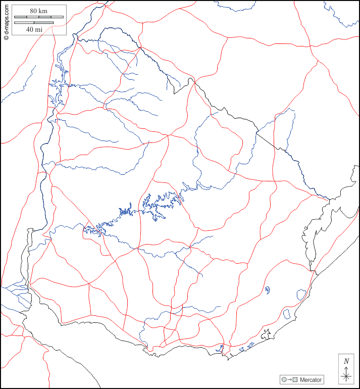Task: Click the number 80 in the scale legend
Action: pyautogui.click(x=34, y=11)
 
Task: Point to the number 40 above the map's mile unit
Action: pyautogui.click(x=30, y=29)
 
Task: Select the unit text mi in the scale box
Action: pyautogui.click(x=39, y=29)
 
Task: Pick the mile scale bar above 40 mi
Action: pyautogui.click(x=34, y=22)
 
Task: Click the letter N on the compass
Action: pyautogui.click(x=346, y=361)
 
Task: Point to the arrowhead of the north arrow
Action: pyautogui.click(x=346, y=368)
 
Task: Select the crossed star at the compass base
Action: pyautogui.click(x=346, y=377)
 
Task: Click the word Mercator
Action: pyautogui.click(x=311, y=379)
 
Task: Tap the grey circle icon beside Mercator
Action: pyautogui.click(x=284, y=379)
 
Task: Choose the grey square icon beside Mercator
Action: pyautogui.click(x=295, y=379)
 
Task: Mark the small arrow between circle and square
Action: pyautogui.click(x=290, y=379)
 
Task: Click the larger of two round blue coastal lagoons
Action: pyautogui.click(x=301, y=294)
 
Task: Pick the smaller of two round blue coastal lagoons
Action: pyautogui.click(x=287, y=314)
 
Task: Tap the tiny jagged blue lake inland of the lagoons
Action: pyautogui.click(x=267, y=290)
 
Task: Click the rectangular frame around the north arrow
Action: pyautogui.click(x=338, y=369)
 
